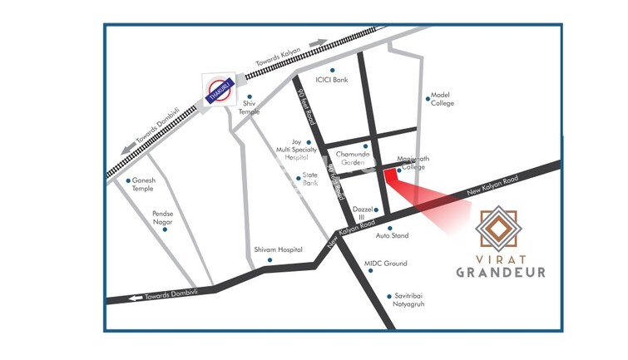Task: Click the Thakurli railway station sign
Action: (x=219, y=89)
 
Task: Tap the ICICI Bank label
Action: (x=331, y=81)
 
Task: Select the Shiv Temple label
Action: (x=250, y=107)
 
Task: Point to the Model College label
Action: (x=441, y=99)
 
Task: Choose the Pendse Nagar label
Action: (x=165, y=218)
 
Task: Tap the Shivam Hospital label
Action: (x=278, y=249)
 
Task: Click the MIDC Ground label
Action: (x=386, y=264)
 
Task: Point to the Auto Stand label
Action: (x=392, y=236)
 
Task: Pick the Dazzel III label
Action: (x=361, y=213)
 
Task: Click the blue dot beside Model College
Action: (x=428, y=99)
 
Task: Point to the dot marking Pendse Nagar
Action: (x=165, y=229)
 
